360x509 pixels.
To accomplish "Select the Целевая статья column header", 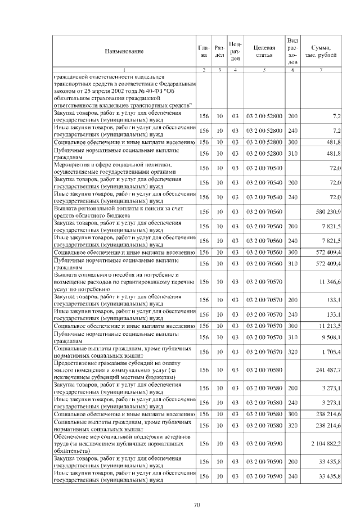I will click(x=264, y=51).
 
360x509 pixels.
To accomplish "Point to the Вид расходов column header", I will click(x=292, y=51).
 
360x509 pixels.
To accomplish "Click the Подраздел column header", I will click(x=236, y=51).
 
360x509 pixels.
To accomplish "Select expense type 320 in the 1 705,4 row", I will click(x=292, y=352).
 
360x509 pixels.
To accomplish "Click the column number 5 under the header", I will click(x=264, y=69).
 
